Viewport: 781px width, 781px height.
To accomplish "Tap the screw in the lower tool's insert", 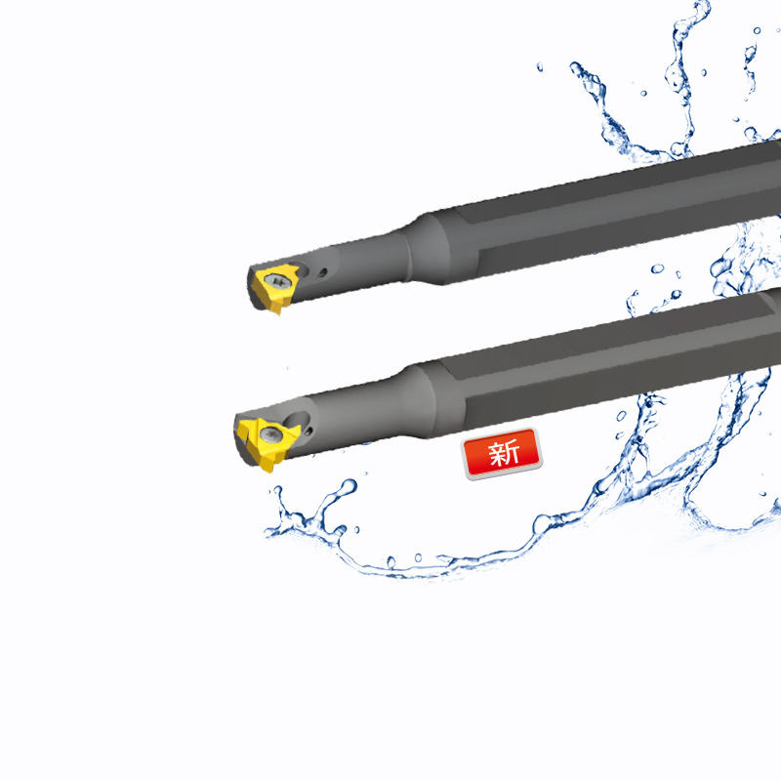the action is pos(271,434).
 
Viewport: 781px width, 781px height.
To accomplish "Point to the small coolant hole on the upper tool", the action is pos(323,272).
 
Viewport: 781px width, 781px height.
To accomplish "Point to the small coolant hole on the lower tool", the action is pos(308,431).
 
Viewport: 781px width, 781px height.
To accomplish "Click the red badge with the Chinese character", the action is pos(502,454).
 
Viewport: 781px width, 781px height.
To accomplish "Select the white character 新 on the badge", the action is pos(504,453).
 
